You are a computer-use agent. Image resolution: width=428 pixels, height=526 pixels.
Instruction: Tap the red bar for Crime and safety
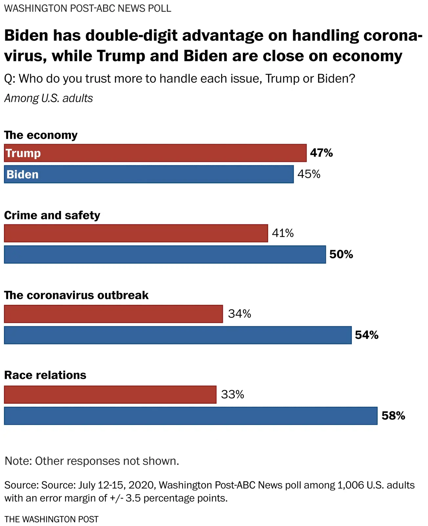[x=136, y=233]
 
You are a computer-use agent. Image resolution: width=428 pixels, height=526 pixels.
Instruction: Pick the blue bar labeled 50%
[x=165, y=254]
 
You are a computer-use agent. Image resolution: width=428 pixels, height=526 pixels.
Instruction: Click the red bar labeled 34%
[x=113, y=314]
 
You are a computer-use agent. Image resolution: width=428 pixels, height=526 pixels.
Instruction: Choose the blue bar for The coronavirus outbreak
[x=178, y=335]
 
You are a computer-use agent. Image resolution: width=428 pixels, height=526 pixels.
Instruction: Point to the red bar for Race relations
[x=110, y=394]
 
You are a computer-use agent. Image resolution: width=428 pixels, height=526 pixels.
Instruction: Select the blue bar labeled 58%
[x=190, y=416]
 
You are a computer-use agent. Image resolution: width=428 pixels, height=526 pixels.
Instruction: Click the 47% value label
[x=321, y=153]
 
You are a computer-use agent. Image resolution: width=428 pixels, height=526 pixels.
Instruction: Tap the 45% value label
[x=309, y=174]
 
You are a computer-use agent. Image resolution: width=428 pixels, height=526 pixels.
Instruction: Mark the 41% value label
[x=283, y=233]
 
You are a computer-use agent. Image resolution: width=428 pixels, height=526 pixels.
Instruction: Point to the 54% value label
[x=367, y=335]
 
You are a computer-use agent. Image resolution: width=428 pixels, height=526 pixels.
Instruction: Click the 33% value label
[x=232, y=394]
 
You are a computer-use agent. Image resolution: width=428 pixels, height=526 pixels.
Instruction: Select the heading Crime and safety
[x=52, y=215]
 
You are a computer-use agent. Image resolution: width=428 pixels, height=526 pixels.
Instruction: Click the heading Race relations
[x=45, y=375]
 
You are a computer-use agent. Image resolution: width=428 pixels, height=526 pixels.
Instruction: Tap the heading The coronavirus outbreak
[x=76, y=295]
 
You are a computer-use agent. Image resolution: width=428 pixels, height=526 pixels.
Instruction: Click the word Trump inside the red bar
[x=23, y=154]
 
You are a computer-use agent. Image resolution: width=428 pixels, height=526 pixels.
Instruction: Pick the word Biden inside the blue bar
[x=22, y=175]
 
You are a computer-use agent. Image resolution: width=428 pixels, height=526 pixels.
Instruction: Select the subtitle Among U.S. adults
[x=49, y=98]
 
